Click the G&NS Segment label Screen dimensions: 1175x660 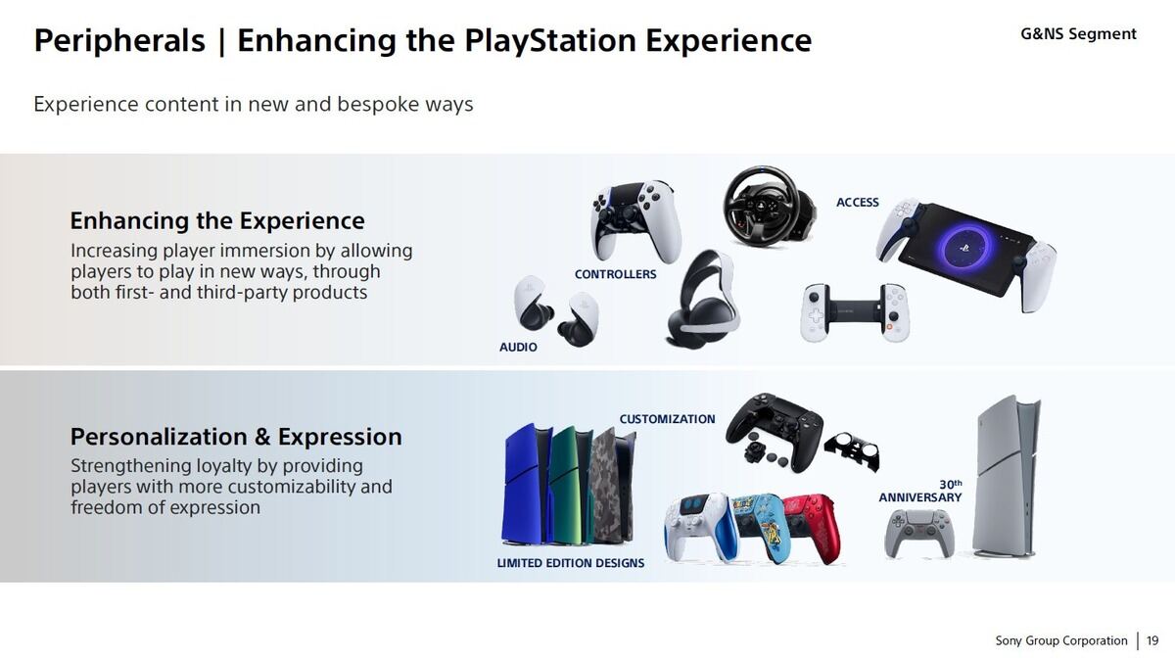(x=1078, y=34)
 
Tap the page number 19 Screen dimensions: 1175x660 (x=1152, y=640)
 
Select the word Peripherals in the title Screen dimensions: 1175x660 (x=119, y=41)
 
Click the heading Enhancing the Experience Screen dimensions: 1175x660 (x=217, y=220)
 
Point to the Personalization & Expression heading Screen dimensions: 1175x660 (x=236, y=437)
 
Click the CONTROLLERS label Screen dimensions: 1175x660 (x=615, y=274)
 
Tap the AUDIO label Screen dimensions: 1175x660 (x=518, y=348)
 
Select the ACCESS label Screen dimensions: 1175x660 (x=858, y=203)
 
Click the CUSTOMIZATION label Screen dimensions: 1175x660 (x=667, y=419)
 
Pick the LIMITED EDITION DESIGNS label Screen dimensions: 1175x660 (x=571, y=563)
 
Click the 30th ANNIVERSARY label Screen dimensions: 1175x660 (x=920, y=492)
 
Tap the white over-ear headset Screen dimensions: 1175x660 (x=703, y=299)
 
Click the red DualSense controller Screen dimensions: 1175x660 (x=813, y=527)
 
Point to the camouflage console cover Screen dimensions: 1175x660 (x=612, y=487)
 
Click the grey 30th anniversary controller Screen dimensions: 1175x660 (x=919, y=533)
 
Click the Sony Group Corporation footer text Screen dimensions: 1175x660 (x=1061, y=640)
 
